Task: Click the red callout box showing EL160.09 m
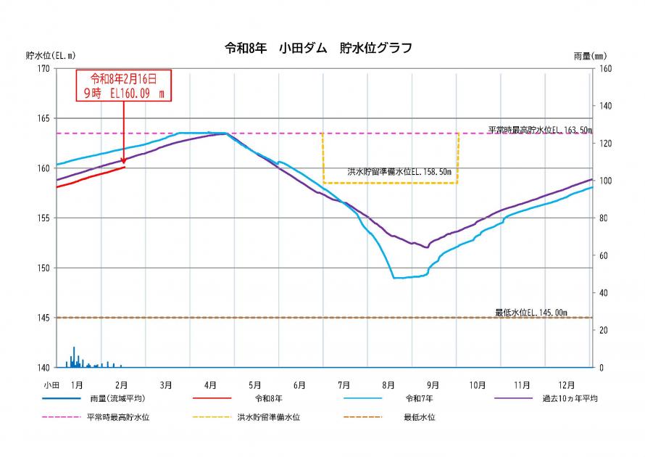pos(123,85)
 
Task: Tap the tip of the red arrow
pos(124,165)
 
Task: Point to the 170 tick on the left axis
pos(43,69)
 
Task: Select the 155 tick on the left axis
pos(43,218)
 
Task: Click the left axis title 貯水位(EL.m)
pos(50,55)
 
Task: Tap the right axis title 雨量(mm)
pos(589,55)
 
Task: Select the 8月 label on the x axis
pos(388,384)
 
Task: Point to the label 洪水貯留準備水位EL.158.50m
pos(399,173)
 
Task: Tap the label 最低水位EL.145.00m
pos(531,313)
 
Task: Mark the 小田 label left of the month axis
pos(51,384)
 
